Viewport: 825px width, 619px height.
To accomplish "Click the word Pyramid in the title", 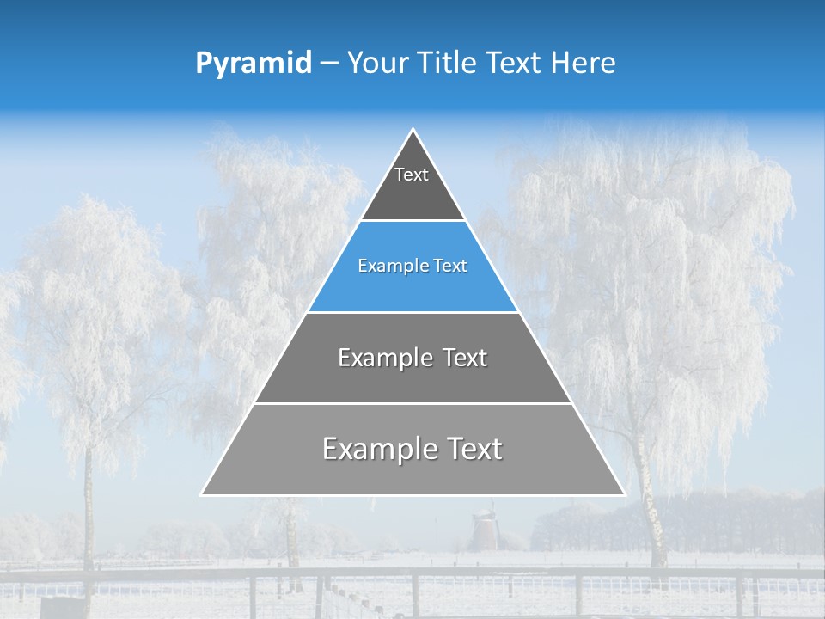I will [x=254, y=64].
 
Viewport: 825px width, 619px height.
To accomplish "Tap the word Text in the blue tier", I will [x=450, y=267].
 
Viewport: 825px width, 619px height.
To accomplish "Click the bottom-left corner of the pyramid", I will [x=203, y=494].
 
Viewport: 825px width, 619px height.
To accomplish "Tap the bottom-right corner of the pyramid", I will [x=623, y=494].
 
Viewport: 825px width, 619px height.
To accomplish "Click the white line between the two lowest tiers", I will [x=412, y=403].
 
